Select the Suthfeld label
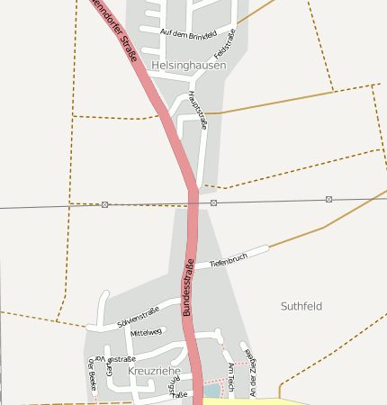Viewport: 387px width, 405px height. [x=301, y=306]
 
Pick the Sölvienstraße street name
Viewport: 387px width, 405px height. [x=138, y=316]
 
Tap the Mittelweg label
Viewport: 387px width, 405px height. [x=146, y=333]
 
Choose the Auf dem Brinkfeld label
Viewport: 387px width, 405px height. [x=188, y=33]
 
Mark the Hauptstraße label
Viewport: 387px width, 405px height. [x=198, y=111]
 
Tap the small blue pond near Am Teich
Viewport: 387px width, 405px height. [x=211, y=391]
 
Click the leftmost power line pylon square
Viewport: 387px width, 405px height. [x=105, y=205]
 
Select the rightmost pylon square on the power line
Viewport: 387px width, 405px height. [x=328, y=199]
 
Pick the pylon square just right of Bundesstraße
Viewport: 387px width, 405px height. [x=213, y=202]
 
